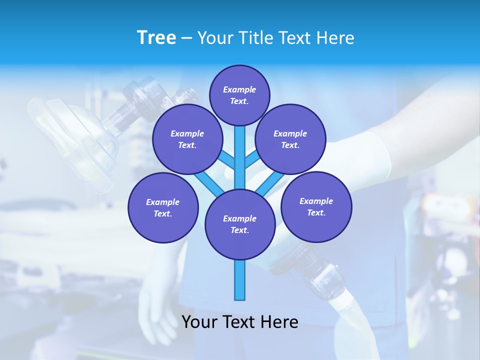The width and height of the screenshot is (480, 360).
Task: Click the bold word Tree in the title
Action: [x=156, y=37]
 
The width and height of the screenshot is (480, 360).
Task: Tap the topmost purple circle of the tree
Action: [x=239, y=95]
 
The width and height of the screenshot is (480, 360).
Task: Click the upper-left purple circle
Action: [x=187, y=139]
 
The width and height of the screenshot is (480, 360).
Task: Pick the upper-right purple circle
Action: [x=290, y=139]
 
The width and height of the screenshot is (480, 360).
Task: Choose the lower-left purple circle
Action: [x=162, y=207]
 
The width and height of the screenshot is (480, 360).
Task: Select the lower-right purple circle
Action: [x=316, y=206]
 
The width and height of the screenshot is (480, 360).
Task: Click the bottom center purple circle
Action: [x=239, y=224]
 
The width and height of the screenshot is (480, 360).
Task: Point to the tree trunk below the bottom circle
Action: [x=239, y=280]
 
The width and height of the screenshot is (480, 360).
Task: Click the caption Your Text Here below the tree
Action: [x=239, y=322]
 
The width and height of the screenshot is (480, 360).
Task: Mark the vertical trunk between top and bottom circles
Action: [x=239, y=157]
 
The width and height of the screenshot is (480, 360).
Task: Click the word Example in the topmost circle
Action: [x=239, y=90]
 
